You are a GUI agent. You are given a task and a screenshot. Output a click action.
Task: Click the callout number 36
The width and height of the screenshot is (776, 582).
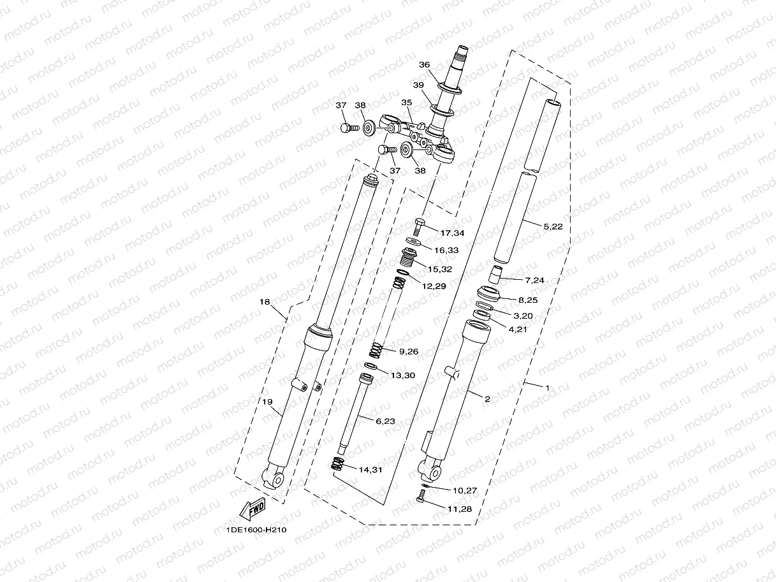tap(425, 64)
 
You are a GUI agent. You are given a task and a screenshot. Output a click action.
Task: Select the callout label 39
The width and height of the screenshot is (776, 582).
tap(418, 85)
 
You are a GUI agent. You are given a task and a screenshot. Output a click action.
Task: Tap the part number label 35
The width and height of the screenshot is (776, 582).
tap(407, 102)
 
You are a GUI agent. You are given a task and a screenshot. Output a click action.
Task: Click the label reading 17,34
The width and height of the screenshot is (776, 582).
tap(452, 233)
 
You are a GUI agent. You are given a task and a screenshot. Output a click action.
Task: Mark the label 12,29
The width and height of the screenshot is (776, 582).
tap(435, 286)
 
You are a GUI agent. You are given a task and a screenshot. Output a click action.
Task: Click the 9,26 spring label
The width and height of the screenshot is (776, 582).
tap(408, 351)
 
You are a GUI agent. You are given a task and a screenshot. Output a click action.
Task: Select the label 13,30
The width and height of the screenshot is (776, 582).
tap(402, 375)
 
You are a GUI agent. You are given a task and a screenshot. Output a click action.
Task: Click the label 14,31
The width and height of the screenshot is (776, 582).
tap(370, 470)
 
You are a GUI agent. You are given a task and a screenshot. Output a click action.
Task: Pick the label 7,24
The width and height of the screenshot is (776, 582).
tap(535, 280)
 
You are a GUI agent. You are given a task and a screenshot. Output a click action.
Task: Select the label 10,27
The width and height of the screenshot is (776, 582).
tap(465, 491)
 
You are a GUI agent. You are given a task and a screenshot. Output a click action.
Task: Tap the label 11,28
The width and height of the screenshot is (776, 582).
tap(461, 509)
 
